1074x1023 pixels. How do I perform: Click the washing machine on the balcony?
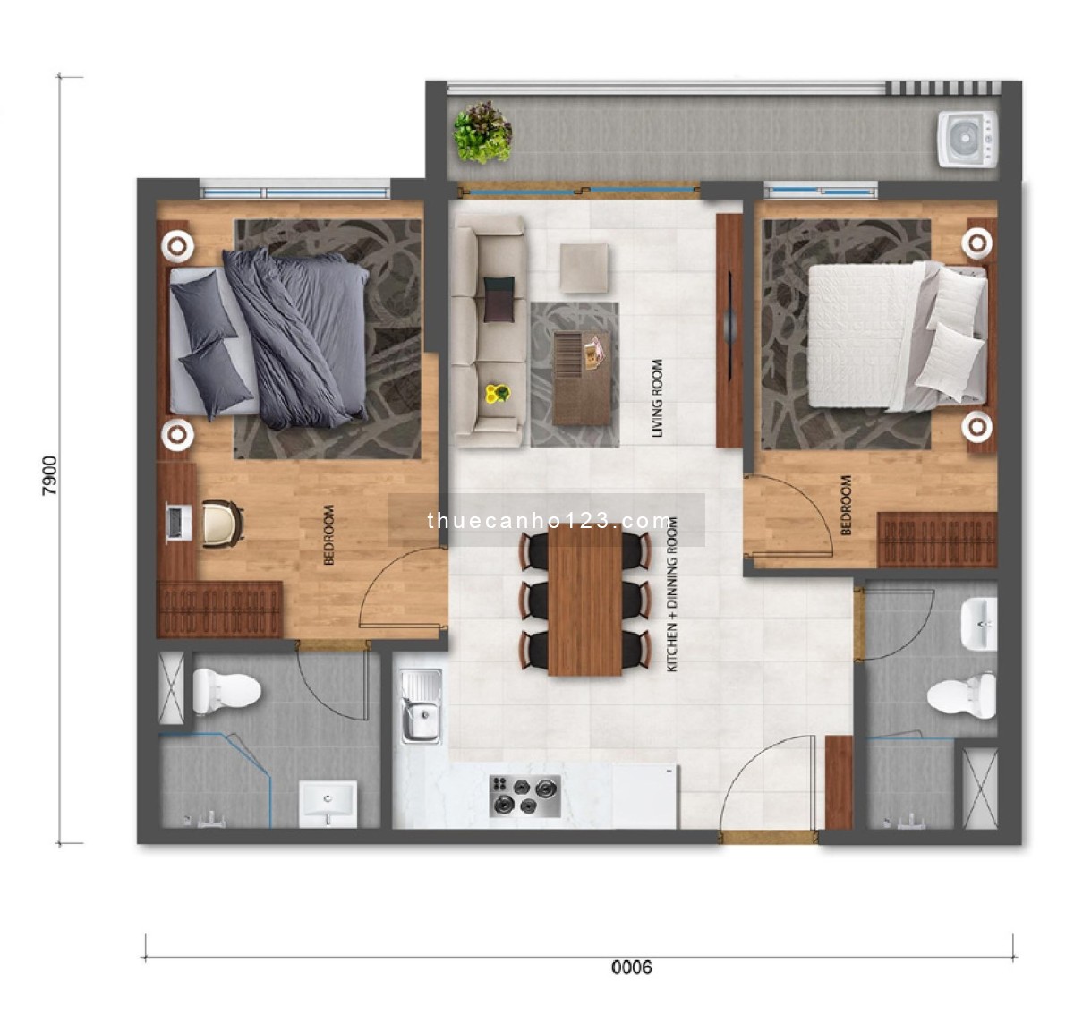[x=967, y=139]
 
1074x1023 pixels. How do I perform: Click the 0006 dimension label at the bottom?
[x=632, y=967]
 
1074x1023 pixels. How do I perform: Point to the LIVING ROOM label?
[x=658, y=398]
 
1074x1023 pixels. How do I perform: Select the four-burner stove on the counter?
[x=524, y=796]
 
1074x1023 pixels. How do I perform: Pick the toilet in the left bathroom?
[x=226, y=691]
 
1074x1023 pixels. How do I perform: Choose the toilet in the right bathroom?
[x=963, y=695]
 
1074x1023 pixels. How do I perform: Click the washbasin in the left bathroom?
[x=328, y=802]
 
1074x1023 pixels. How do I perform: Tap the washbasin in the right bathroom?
[x=978, y=624]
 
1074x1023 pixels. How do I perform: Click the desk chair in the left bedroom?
[x=222, y=524]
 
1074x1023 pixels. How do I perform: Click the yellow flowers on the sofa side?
[x=497, y=393]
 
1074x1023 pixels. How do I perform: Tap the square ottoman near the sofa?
[x=585, y=268]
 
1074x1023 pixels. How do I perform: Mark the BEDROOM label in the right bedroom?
[x=847, y=506]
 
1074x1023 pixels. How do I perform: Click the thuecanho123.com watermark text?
[x=549, y=521]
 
